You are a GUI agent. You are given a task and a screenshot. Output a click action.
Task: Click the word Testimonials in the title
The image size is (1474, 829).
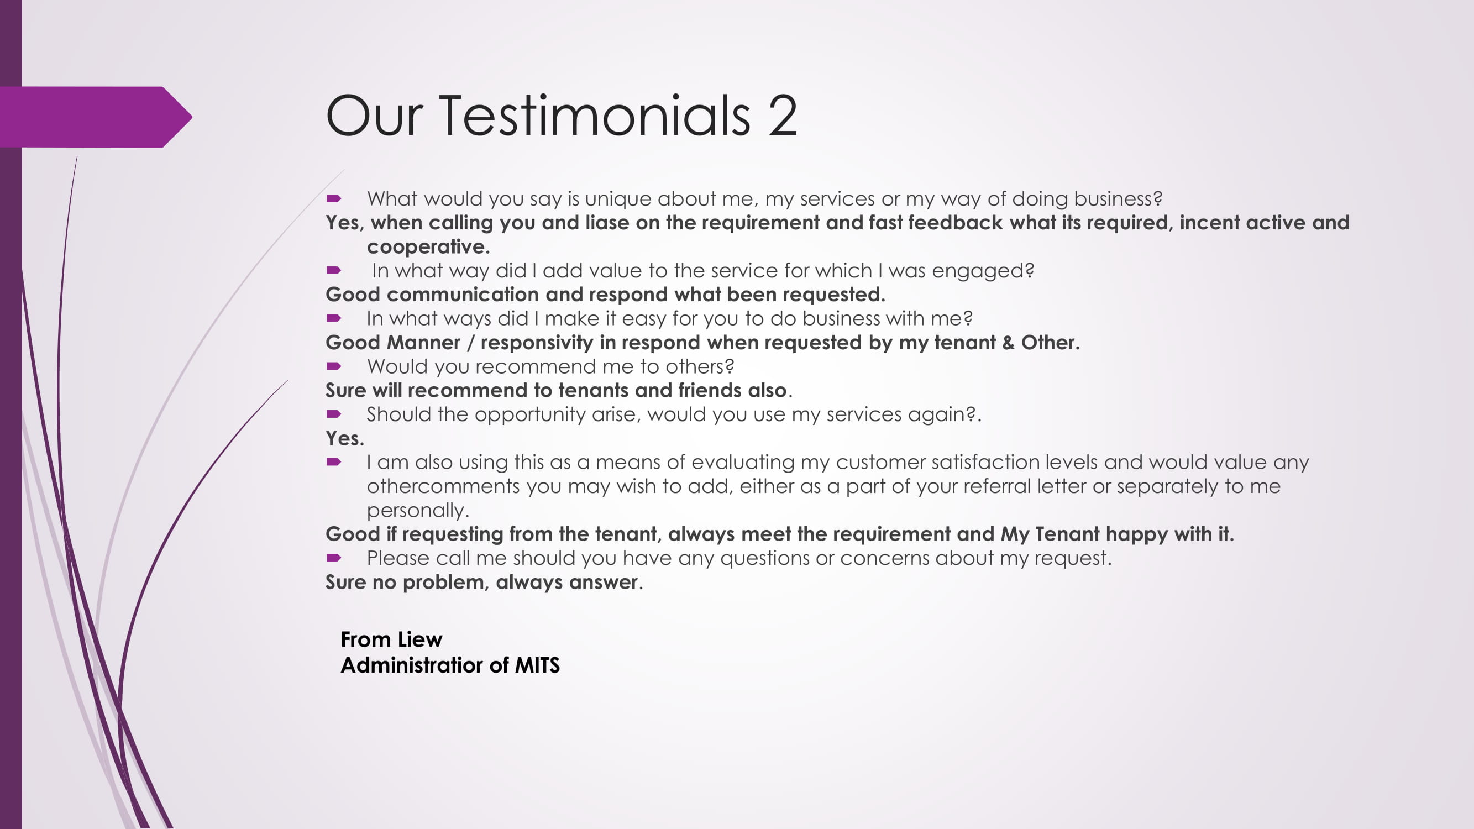[x=595, y=116]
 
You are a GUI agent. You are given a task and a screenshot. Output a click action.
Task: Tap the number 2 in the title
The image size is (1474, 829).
[x=783, y=116]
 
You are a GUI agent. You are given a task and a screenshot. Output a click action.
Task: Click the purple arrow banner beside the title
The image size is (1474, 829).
[x=96, y=117]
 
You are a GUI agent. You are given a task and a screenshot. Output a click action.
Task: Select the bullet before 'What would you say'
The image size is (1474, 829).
[x=334, y=198]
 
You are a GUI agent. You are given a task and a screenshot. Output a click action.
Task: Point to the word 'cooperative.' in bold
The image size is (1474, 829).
[x=428, y=246]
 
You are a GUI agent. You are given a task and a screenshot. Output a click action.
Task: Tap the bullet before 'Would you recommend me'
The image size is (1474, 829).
[x=334, y=366]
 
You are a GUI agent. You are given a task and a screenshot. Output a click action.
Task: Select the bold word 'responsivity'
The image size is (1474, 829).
[x=537, y=343]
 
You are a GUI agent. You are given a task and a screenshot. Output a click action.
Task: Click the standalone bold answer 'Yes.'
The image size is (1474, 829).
[x=344, y=439]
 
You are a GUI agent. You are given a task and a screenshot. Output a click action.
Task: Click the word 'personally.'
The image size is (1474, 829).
[x=418, y=510]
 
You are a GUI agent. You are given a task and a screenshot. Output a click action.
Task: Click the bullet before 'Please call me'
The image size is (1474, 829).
[x=334, y=558]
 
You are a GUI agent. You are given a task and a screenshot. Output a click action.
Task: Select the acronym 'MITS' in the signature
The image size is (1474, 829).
[x=537, y=665]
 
